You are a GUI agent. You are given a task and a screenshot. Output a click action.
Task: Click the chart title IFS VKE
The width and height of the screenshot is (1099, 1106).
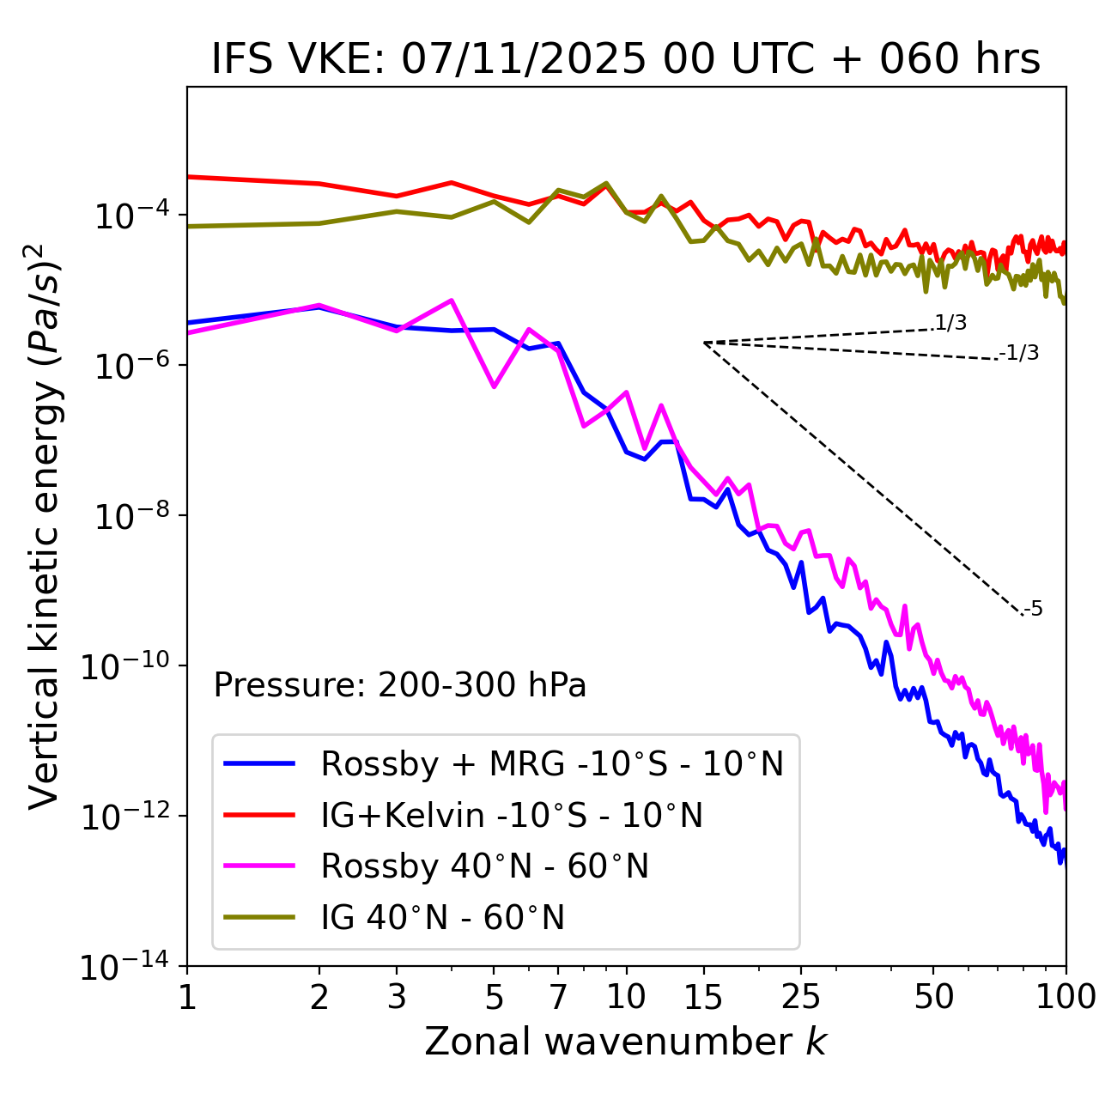coord(626,59)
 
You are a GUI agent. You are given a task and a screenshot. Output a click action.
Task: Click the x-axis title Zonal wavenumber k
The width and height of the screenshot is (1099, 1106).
coord(626,1041)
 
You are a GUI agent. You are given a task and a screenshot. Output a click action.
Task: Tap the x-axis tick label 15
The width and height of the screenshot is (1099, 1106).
coord(703,997)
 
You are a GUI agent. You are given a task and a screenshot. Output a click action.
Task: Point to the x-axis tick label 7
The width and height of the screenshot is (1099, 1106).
coord(558,997)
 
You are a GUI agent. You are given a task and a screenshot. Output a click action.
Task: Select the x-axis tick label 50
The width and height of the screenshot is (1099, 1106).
coord(933,997)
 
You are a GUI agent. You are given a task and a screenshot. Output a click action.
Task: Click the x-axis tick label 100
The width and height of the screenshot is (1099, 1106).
coord(1066,997)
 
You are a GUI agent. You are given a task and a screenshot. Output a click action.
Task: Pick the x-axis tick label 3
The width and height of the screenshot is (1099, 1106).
coord(396,997)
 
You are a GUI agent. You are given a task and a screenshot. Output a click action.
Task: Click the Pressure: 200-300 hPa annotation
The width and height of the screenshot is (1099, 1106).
coord(399,685)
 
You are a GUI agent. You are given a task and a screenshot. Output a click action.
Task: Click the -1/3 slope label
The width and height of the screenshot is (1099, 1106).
coord(1019,353)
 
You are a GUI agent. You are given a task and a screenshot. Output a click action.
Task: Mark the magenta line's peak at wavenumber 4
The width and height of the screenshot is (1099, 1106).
coord(452,301)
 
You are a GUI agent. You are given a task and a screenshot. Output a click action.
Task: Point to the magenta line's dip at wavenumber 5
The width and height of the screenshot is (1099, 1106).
coord(494,386)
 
